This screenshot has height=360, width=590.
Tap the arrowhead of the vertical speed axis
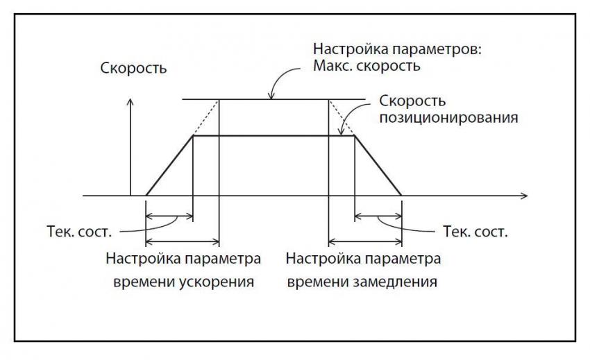130,103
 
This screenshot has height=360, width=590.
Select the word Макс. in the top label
333,68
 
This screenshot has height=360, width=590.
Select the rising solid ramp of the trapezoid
169,166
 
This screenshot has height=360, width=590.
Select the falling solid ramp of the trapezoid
378,166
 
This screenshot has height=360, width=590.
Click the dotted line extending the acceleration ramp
206,118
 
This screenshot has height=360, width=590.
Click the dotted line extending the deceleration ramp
341,118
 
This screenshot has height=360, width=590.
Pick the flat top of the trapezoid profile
273,136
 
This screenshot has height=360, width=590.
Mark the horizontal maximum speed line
273,100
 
